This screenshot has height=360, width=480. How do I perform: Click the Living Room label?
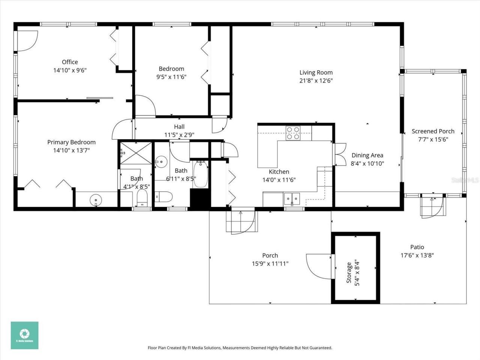tap(316, 72)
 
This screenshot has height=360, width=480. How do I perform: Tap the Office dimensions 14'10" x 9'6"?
tap(70, 70)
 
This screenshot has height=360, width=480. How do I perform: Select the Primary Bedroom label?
tap(71, 142)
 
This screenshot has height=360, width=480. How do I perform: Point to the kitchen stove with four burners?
tap(293, 133)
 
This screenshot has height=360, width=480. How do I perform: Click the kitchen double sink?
tap(292, 197)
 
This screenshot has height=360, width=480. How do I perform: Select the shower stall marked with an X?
tap(136, 153)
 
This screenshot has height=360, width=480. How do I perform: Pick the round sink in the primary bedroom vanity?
tap(96, 201)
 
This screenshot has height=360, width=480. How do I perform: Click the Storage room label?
tap(349, 273)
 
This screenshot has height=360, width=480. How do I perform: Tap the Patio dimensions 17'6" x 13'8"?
tap(417, 255)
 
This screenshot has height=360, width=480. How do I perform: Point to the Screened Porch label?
tap(433, 131)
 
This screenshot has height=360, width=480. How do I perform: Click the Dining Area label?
tap(367, 155)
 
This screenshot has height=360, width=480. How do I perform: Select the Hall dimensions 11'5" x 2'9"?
tap(179, 135)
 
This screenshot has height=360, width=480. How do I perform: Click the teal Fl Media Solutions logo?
tap(24, 335)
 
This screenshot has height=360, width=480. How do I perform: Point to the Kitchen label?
tap(279, 172)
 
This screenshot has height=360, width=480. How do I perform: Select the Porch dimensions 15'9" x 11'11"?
tap(270, 264)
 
